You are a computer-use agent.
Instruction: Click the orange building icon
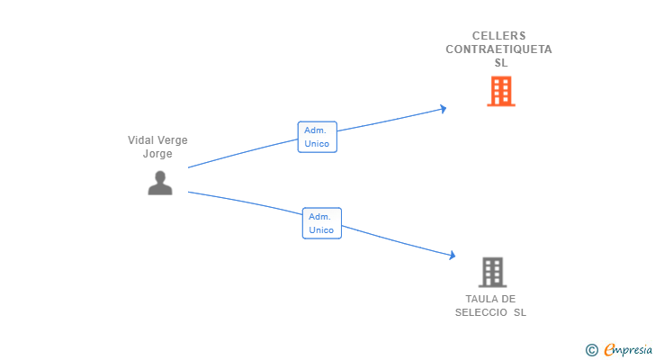click(x=501, y=91)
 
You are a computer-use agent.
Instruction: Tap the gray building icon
click(x=492, y=273)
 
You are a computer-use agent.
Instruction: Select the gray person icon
click(x=160, y=183)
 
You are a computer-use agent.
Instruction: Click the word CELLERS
click(x=498, y=36)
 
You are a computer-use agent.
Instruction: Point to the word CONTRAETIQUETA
click(x=498, y=49)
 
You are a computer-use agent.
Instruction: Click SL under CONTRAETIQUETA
click(x=501, y=63)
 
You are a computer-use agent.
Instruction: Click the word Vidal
click(x=140, y=140)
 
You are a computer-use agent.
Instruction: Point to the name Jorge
click(x=157, y=154)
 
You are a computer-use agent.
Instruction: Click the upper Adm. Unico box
click(x=317, y=137)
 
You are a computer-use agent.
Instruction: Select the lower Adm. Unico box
click(x=322, y=223)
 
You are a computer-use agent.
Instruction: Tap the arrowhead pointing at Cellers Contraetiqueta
click(x=444, y=109)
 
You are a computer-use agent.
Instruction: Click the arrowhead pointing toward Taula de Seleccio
click(x=452, y=255)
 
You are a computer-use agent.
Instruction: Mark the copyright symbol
click(x=591, y=350)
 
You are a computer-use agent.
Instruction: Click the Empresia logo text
click(x=628, y=349)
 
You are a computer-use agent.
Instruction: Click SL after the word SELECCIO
click(x=520, y=312)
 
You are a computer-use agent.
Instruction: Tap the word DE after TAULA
click(x=508, y=299)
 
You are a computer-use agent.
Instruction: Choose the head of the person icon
click(x=160, y=175)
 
